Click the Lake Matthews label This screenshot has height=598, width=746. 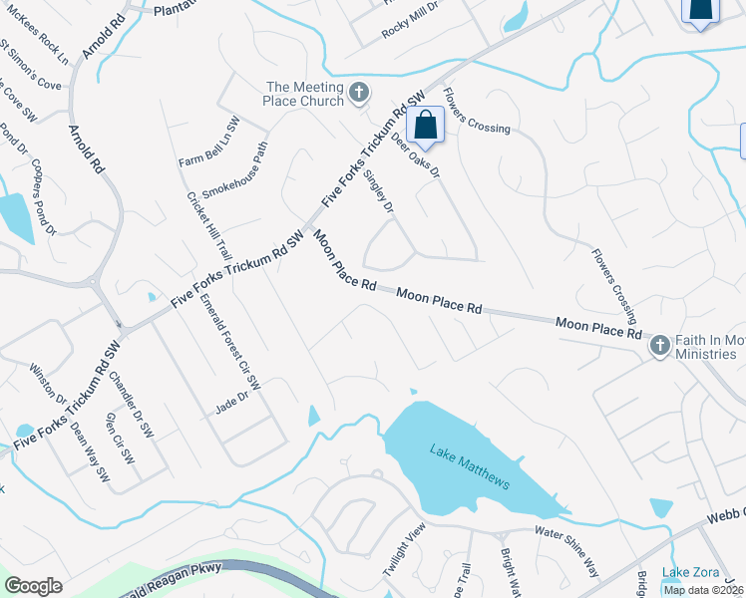tap(470, 467)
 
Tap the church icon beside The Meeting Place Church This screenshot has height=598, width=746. tap(359, 94)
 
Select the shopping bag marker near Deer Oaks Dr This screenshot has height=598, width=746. tap(426, 127)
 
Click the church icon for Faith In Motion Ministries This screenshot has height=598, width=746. tap(658, 347)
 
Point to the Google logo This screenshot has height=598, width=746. tap(33, 586)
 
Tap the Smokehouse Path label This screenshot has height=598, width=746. tap(235, 170)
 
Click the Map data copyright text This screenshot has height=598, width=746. tap(703, 590)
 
